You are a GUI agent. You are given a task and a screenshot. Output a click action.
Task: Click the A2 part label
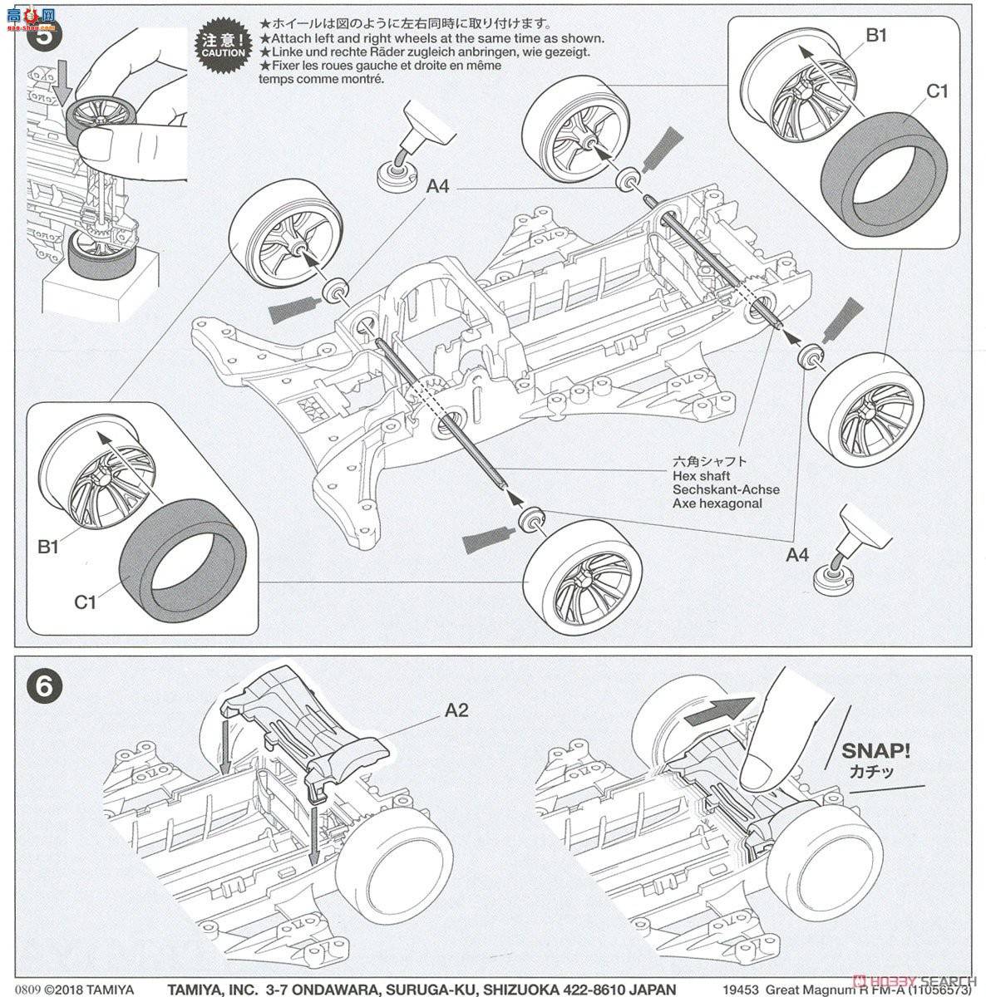click(457, 710)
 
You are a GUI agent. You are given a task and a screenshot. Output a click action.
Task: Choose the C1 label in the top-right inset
click(936, 91)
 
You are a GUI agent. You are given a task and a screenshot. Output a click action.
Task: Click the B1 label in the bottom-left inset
click(49, 547)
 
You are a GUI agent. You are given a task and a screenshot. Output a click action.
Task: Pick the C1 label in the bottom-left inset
click(86, 602)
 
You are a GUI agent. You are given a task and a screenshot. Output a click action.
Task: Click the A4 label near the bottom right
click(797, 554)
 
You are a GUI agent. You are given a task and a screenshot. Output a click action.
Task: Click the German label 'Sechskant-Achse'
click(727, 490)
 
